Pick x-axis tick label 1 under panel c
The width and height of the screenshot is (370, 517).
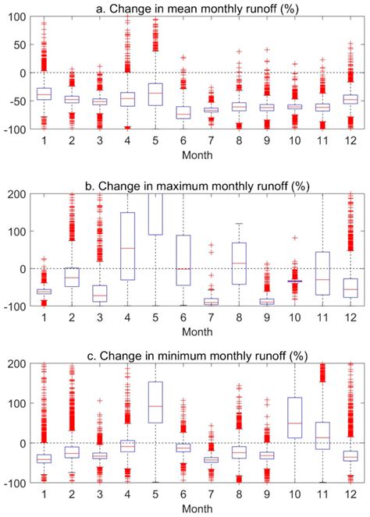(44, 494)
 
